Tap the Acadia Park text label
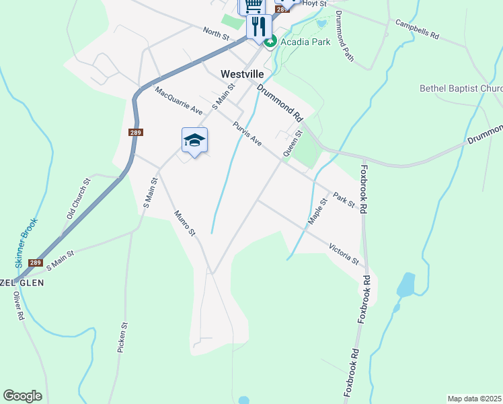[305, 42]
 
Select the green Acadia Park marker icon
[270, 42]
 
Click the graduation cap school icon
[194, 139]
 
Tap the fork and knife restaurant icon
[258, 26]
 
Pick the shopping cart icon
[252, 5]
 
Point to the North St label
[217, 33]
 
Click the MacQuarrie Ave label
[178, 100]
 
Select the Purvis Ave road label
[247, 133]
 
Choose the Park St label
[343, 200]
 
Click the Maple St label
[317, 211]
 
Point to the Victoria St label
[344, 253]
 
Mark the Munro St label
[184, 223]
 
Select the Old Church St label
[77, 199]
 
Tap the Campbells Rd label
[417, 28]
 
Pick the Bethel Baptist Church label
[461, 88]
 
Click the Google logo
[22, 396]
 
